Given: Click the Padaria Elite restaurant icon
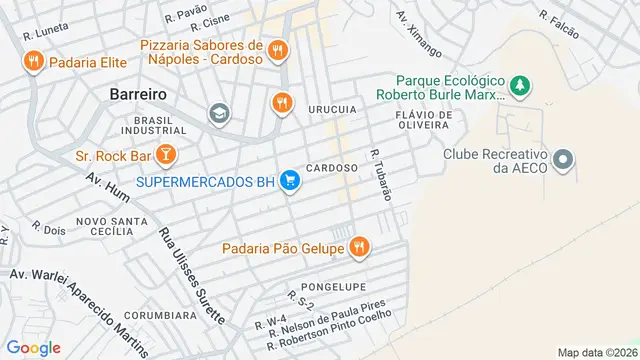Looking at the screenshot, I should click(x=33, y=61).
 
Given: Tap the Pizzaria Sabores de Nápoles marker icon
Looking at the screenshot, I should click(x=279, y=49).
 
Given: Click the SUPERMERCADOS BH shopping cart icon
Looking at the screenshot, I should click(x=289, y=181).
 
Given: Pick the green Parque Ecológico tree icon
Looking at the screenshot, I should click(x=519, y=86).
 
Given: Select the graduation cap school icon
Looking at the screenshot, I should click(x=217, y=114).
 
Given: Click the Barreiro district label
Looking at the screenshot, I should click(x=137, y=94).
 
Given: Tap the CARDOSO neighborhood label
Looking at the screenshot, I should click(x=332, y=168).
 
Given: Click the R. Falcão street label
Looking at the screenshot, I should click(x=559, y=24).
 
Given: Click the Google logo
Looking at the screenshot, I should click(x=33, y=347).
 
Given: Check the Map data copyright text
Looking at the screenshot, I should click(x=596, y=352).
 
